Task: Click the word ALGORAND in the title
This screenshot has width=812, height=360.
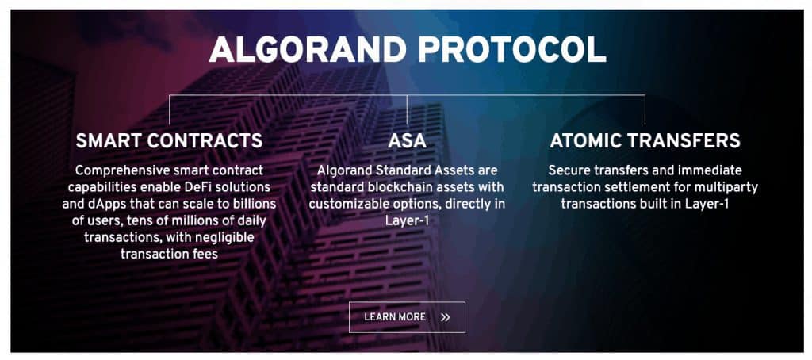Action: (308, 50)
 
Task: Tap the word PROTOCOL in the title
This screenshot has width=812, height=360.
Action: (511, 50)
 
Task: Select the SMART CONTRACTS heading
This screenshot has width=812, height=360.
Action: (169, 141)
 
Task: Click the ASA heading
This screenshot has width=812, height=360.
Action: (407, 141)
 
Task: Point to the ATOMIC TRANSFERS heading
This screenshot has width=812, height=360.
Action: (645, 141)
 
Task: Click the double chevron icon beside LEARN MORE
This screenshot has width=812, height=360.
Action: (446, 317)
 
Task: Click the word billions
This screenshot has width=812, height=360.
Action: (255, 204)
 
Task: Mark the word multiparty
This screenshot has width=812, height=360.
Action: (730, 187)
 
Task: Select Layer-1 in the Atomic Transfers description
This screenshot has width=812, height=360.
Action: (707, 204)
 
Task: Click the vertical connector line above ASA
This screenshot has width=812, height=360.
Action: (407, 109)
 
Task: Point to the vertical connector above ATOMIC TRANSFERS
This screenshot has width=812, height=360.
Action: (645, 109)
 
